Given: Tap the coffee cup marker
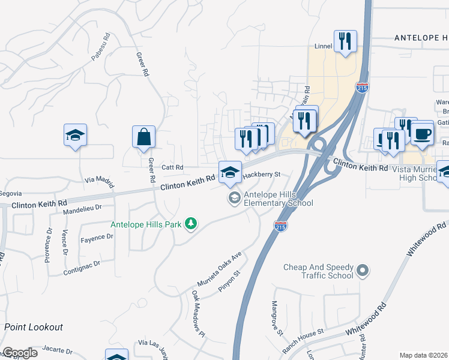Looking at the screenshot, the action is pos(422,133).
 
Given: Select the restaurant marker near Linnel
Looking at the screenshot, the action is pos(345,41).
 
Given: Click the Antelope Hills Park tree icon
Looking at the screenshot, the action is pos(191,224).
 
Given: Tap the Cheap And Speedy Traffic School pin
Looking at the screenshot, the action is pos(362,271).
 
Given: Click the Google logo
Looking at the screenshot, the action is pos(20,353).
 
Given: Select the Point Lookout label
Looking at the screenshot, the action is pos(34,327).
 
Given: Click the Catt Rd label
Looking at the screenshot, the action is pos(171,167).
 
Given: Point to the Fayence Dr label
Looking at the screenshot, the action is pos(97,238).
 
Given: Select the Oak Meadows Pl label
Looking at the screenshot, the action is pos(199,311).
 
